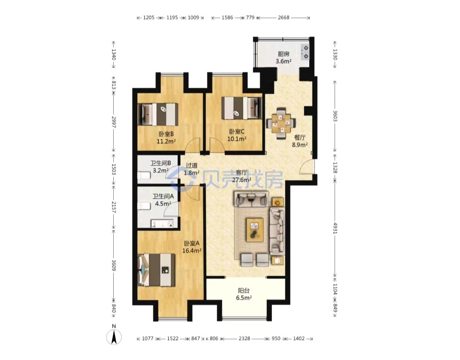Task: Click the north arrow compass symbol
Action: click(114, 337)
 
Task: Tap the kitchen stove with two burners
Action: click(305, 52)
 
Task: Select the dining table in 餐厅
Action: click(281, 124)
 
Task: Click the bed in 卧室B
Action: click(158, 114)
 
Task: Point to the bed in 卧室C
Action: click(242, 108)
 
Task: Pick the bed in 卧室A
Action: click(157, 270)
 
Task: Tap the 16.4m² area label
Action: click(192, 251)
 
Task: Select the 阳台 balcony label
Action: click(244, 291)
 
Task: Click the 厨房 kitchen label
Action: click(283, 54)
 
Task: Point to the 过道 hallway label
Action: click(192, 165)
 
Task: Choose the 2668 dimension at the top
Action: click(284, 17)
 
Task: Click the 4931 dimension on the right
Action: click(335, 228)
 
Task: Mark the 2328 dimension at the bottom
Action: click(244, 339)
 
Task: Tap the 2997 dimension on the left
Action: click(114, 122)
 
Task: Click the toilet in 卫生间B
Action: click(144, 175)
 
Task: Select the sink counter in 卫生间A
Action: click(162, 224)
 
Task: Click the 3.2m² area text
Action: click(161, 170)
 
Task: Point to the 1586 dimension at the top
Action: click(227, 17)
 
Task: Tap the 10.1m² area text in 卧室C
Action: click(237, 139)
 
